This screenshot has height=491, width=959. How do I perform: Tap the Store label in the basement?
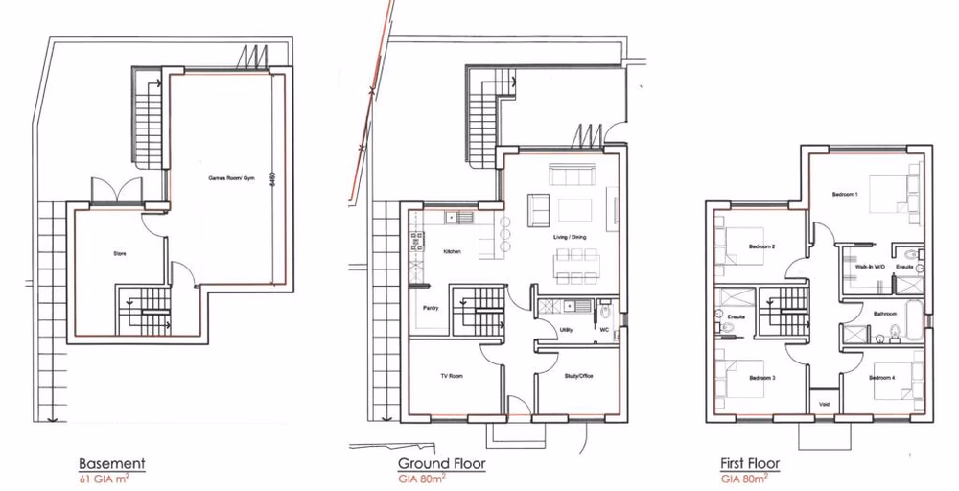tap(120, 254)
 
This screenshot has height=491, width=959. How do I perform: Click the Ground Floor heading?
tap(441, 464)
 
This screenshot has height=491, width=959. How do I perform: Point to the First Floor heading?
tap(750, 464)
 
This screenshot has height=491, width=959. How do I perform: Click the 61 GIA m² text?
tap(106, 477)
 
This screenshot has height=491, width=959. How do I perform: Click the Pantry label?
tap(432, 308)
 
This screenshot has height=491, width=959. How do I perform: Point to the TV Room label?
tap(451, 376)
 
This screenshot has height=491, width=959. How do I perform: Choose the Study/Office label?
tap(578, 376)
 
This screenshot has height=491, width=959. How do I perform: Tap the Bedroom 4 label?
tap(881, 378)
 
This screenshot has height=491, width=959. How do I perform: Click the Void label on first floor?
tap(824, 404)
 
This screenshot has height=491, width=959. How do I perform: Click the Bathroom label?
tap(884, 314)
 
